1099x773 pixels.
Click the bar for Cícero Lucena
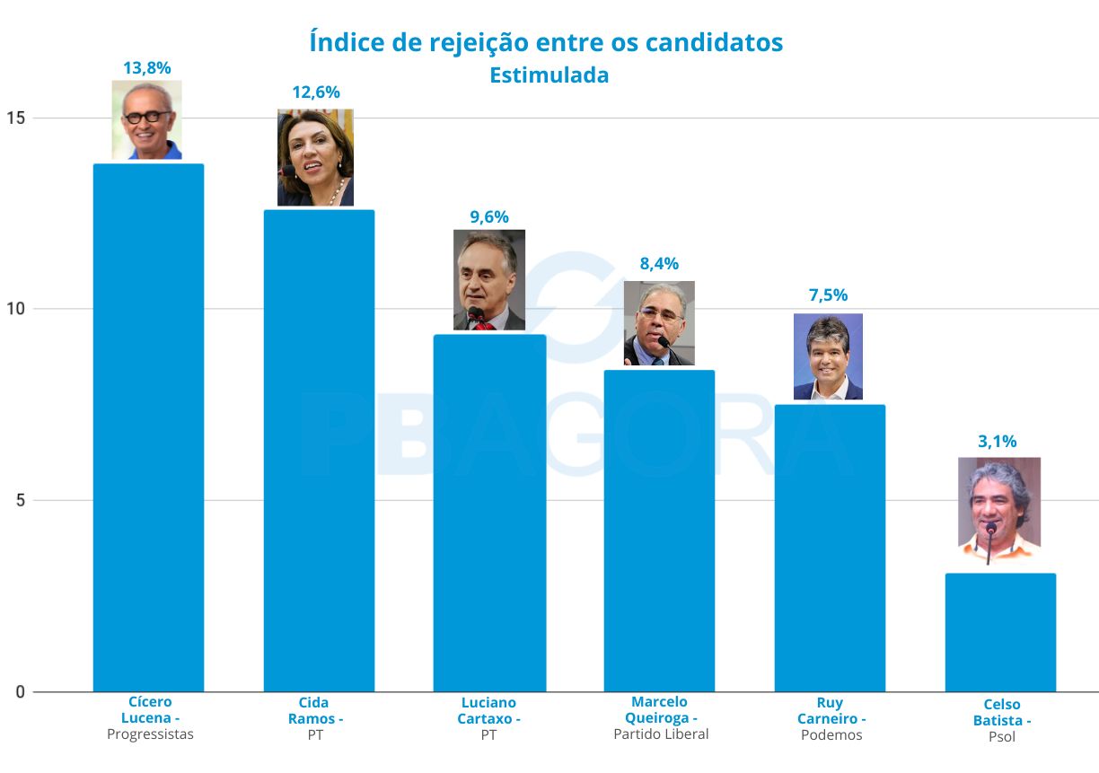coord(148,426)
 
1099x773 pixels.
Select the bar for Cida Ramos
coord(319,449)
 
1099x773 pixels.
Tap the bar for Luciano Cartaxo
coord(489,512)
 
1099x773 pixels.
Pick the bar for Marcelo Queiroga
coord(659,530)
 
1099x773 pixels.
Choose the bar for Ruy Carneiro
coord(830,548)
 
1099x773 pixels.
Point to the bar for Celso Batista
coord(1000,632)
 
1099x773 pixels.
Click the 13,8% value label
coord(147,66)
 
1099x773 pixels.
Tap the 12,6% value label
coord(316,92)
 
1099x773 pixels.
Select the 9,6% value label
coord(489,216)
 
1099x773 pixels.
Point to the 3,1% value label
coord(997,441)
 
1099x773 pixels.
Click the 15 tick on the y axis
coord(17,119)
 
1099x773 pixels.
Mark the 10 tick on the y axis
coord(17,310)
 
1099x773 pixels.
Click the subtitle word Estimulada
coord(549,75)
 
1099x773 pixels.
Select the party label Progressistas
coord(150,734)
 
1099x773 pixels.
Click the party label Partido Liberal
coord(661,734)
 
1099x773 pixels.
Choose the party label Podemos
coord(831,735)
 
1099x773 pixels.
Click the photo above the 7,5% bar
coord(828,356)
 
